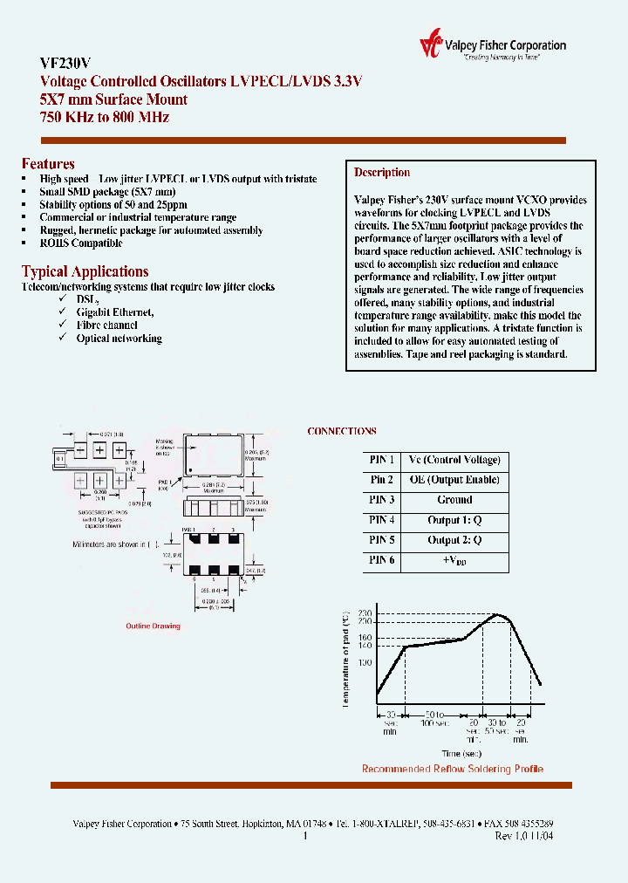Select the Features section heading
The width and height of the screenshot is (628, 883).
pyautogui.click(x=48, y=164)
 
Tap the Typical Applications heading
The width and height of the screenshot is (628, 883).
pyautogui.click(x=85, y=271)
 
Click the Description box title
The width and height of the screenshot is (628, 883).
pyautogui.click(x=382, y=173)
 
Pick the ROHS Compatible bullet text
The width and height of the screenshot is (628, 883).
pyautogui.click(x=80, y=243)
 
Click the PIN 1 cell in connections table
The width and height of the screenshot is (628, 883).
pyautogui.click(x=381, y=460)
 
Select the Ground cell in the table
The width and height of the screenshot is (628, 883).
pyautogui.click(x=454, y=500)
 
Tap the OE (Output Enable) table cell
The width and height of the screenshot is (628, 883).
pyautogui.click(x=454, y=480)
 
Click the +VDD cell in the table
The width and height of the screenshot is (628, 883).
pyautogui.click(x=454, y=561)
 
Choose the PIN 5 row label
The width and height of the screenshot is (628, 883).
pyautogui.click(x=381, y=540)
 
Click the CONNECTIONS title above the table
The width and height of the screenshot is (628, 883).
pyautogui.click(x=342, y=431)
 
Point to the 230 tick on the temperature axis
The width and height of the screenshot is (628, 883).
pyautogui.click(x=365, y=614)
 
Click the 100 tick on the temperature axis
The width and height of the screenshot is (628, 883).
pyautogui.click(x=365, y=663)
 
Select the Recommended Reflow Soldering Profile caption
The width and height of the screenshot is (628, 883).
pyautogui.click(x=452, y=769)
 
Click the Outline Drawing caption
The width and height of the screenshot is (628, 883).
pyautogui.click(x=153, y=626)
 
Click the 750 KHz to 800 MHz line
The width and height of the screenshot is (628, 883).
pyautogui.click(x=105, y=117)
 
